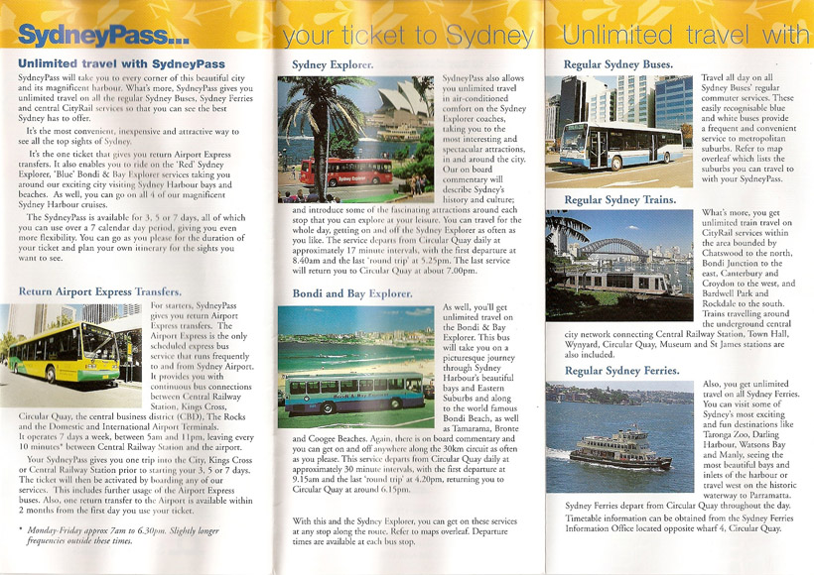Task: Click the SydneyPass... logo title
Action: pyautogui.click(x=104, y=37)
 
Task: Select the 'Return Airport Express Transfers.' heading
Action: pyautogui.click(x=100, y=291)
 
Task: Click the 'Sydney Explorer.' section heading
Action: pyautogui.click(x=333, y=64)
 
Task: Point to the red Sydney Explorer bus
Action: pyautogui.click(x=345, y=172)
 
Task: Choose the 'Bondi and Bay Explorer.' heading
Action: pyautogui.click(x=351, y=293)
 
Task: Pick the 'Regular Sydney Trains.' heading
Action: pyautogui.click(x=619, y=200)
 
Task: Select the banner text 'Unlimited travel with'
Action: pyautogui.click(x=685, y=37)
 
